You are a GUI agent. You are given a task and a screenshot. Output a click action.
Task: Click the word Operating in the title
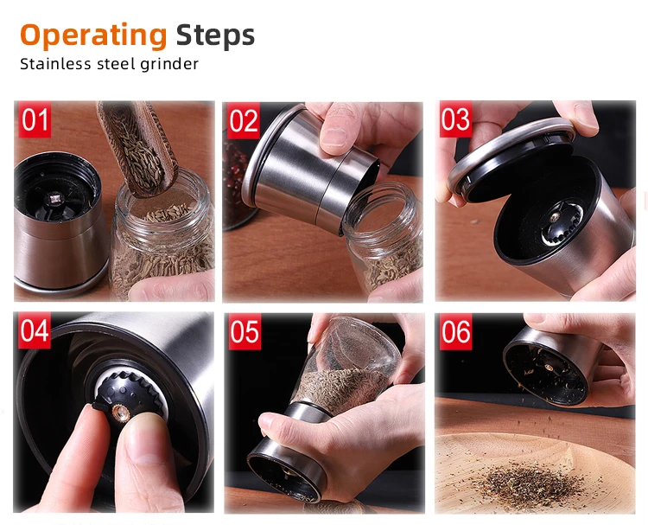[x=92, y=35]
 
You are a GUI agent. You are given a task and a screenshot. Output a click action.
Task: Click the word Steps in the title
[x=215, y=35]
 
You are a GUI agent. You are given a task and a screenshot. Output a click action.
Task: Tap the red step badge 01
[x=35, y=120]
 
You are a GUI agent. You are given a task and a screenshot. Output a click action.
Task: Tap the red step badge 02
[x=244, y=120]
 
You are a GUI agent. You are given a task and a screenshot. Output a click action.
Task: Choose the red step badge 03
[x=455, y=119]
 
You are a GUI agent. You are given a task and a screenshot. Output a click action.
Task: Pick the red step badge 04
[x=35, y=331]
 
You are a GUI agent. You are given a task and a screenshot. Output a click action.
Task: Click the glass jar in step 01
[x=164, y=242]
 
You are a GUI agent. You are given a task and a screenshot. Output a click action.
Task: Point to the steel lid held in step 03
[x=510, y=151]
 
